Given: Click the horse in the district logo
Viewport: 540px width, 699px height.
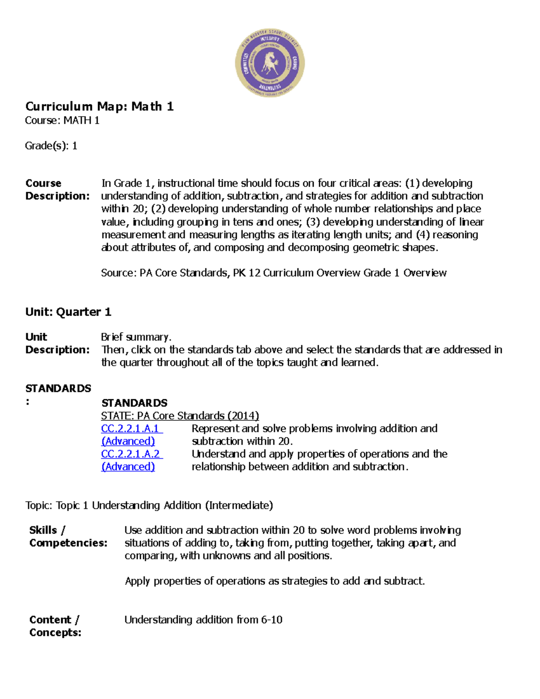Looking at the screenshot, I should click(x=270, y=63).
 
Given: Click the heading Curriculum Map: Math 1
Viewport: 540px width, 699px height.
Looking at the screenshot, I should click(x=99, y=107).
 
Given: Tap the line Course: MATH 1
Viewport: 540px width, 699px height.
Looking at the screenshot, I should click(x=62, y=121).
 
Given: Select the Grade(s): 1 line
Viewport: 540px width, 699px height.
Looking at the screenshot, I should click(x=51, y=146).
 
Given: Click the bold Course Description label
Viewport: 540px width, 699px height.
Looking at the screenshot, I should click(x=57, y=189).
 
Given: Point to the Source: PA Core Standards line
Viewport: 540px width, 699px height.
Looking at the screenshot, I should click(x=274, y=273).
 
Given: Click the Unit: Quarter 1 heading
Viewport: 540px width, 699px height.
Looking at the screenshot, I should click(x=68, y=312).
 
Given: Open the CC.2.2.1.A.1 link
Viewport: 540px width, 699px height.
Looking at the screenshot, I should click(x=130, y=428).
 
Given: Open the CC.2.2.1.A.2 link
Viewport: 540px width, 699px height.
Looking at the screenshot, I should click(x=130, y=454).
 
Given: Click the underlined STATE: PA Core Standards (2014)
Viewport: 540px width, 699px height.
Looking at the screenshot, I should click(x=180, y=416).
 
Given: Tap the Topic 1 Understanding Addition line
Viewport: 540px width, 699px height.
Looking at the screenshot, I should click(x=149, y=505).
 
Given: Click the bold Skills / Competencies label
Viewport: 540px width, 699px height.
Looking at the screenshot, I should click(x=68, y=537).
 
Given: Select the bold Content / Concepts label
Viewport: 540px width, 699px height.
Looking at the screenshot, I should click(x=55, y=626).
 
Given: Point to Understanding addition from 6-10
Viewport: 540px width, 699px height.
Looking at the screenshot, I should click(x=203, y=620).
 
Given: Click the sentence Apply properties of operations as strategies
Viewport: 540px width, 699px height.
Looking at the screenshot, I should click(x=274, y=581).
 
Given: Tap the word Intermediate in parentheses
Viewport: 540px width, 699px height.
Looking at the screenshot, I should click(x=239, y=505).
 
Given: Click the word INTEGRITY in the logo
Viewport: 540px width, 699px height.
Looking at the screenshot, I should click(x=270, y=40).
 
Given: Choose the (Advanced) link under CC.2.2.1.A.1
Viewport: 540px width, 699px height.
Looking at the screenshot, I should click(x=128, y=442).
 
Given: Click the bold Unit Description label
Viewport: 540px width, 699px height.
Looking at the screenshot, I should click(x=57, y=343).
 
